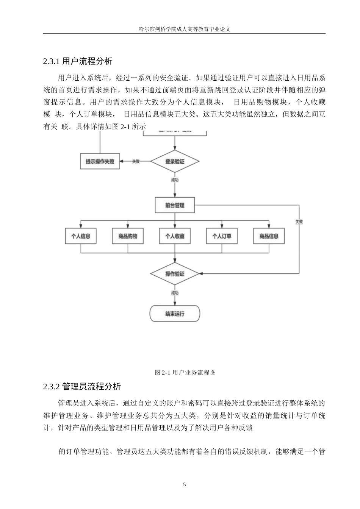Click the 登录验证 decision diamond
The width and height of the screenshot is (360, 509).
pos(175,161)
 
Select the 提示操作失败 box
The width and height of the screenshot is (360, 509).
pos(100,161)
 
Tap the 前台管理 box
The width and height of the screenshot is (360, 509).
pos(175,205)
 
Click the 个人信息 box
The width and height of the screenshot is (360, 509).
pos(81,236)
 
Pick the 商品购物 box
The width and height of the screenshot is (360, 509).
pos(128,236)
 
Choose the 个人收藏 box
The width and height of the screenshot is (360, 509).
pos(175,236)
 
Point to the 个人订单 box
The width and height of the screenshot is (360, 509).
pos(222,236)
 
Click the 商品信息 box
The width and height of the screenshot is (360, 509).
pos(269,236)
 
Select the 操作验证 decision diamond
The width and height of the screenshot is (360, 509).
pos(175,273)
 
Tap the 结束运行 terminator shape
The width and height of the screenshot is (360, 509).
pos(175,314)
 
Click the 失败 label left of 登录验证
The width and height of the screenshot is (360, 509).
pos(136,161)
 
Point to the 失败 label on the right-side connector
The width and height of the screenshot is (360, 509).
pos(299,222)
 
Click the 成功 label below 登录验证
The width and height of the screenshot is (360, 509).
pos(175,180)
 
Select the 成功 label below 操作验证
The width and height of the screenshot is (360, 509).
pos(175,292)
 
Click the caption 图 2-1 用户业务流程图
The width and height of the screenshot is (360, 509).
pos(185,372)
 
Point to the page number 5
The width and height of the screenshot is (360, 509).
pos(184,484)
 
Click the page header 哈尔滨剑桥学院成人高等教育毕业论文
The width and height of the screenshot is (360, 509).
pos(184,29)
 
